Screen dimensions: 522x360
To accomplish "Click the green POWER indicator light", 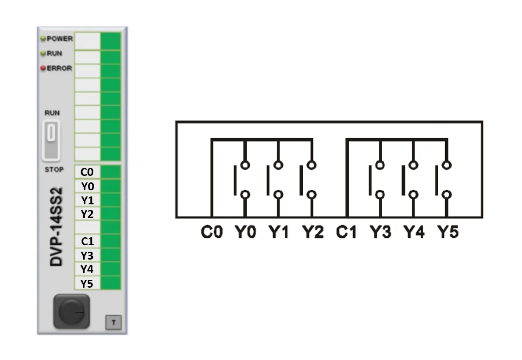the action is click(x=43, y=39).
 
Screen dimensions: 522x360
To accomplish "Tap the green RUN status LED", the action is click(x=43, y=53).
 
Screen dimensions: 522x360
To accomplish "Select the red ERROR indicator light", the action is click(x=43, y=68).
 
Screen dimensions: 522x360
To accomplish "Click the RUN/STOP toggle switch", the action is click(x=51, y=141).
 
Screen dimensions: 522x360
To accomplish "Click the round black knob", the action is click(x=71, y=312).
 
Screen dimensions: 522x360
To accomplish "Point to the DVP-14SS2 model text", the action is click(x=56, y=227).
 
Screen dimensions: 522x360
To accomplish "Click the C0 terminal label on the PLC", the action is click(x=87, y=172).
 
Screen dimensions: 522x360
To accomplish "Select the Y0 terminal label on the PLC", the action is click(x=87, y=186).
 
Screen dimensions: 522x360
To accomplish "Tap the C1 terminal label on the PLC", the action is click(x=87, y=241).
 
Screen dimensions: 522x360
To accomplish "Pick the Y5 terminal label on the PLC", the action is click(x=86, y=283).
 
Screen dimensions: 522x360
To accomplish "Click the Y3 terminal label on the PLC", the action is click(x=87, y=256).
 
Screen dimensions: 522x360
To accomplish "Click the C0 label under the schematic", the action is click(x=212, y=232).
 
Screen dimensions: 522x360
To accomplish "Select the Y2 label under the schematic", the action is click(x=313, y=232).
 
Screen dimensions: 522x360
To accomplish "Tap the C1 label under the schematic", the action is click(x=346, y=232).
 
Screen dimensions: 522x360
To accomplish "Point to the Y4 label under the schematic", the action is click(x=414, y=232).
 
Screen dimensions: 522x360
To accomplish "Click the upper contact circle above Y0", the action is click(x=245, y=165).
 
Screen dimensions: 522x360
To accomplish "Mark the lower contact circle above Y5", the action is click(x=447, y=195).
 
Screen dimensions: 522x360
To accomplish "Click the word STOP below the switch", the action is click(x=54, y=170).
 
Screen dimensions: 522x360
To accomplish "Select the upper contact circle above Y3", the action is click(x=380, y=165).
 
